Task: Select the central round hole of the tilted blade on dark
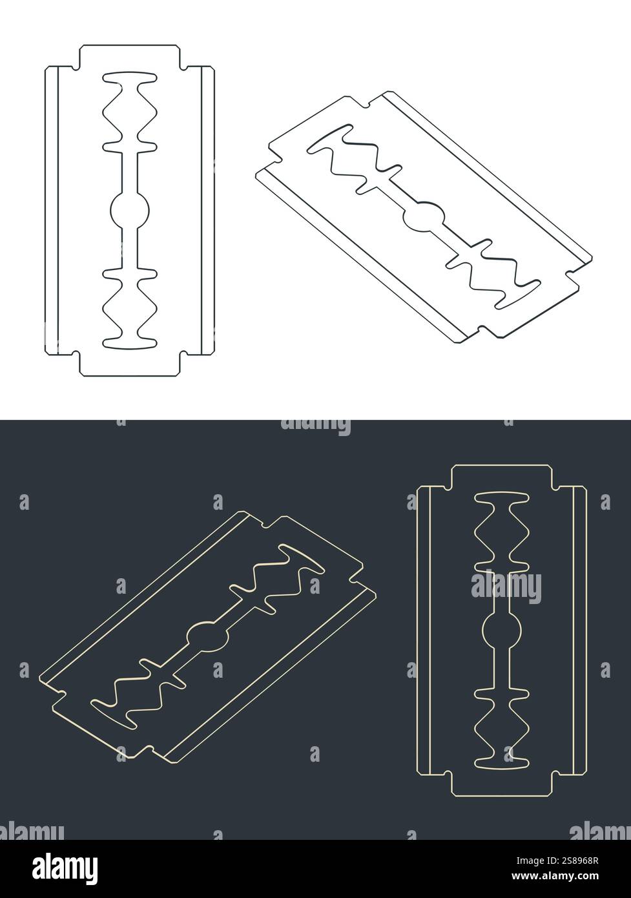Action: click(208, 635)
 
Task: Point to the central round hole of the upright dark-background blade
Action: click(502, 631)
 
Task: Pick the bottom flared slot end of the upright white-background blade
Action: click(130, 340)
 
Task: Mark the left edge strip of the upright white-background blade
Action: click(51, 210)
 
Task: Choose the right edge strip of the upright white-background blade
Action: click(207, 210)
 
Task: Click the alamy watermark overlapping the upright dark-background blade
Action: click(506, 587)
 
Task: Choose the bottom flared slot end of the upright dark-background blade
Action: click(502, 762)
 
